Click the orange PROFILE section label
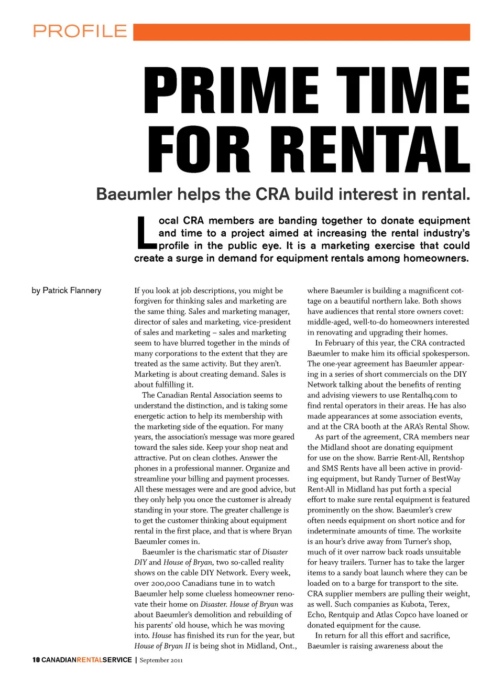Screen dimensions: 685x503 coord(80,31)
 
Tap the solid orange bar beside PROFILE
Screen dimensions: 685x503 coord(301,32)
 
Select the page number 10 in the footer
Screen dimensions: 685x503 coord(36,660)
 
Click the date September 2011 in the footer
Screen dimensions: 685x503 coord(161,660)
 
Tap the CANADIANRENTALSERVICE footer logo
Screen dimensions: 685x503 coord(86,660)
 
